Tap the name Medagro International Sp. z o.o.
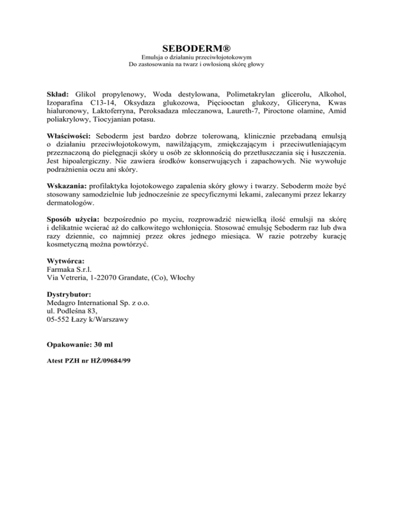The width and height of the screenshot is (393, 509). pyautogui.click(x=97, y=303)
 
